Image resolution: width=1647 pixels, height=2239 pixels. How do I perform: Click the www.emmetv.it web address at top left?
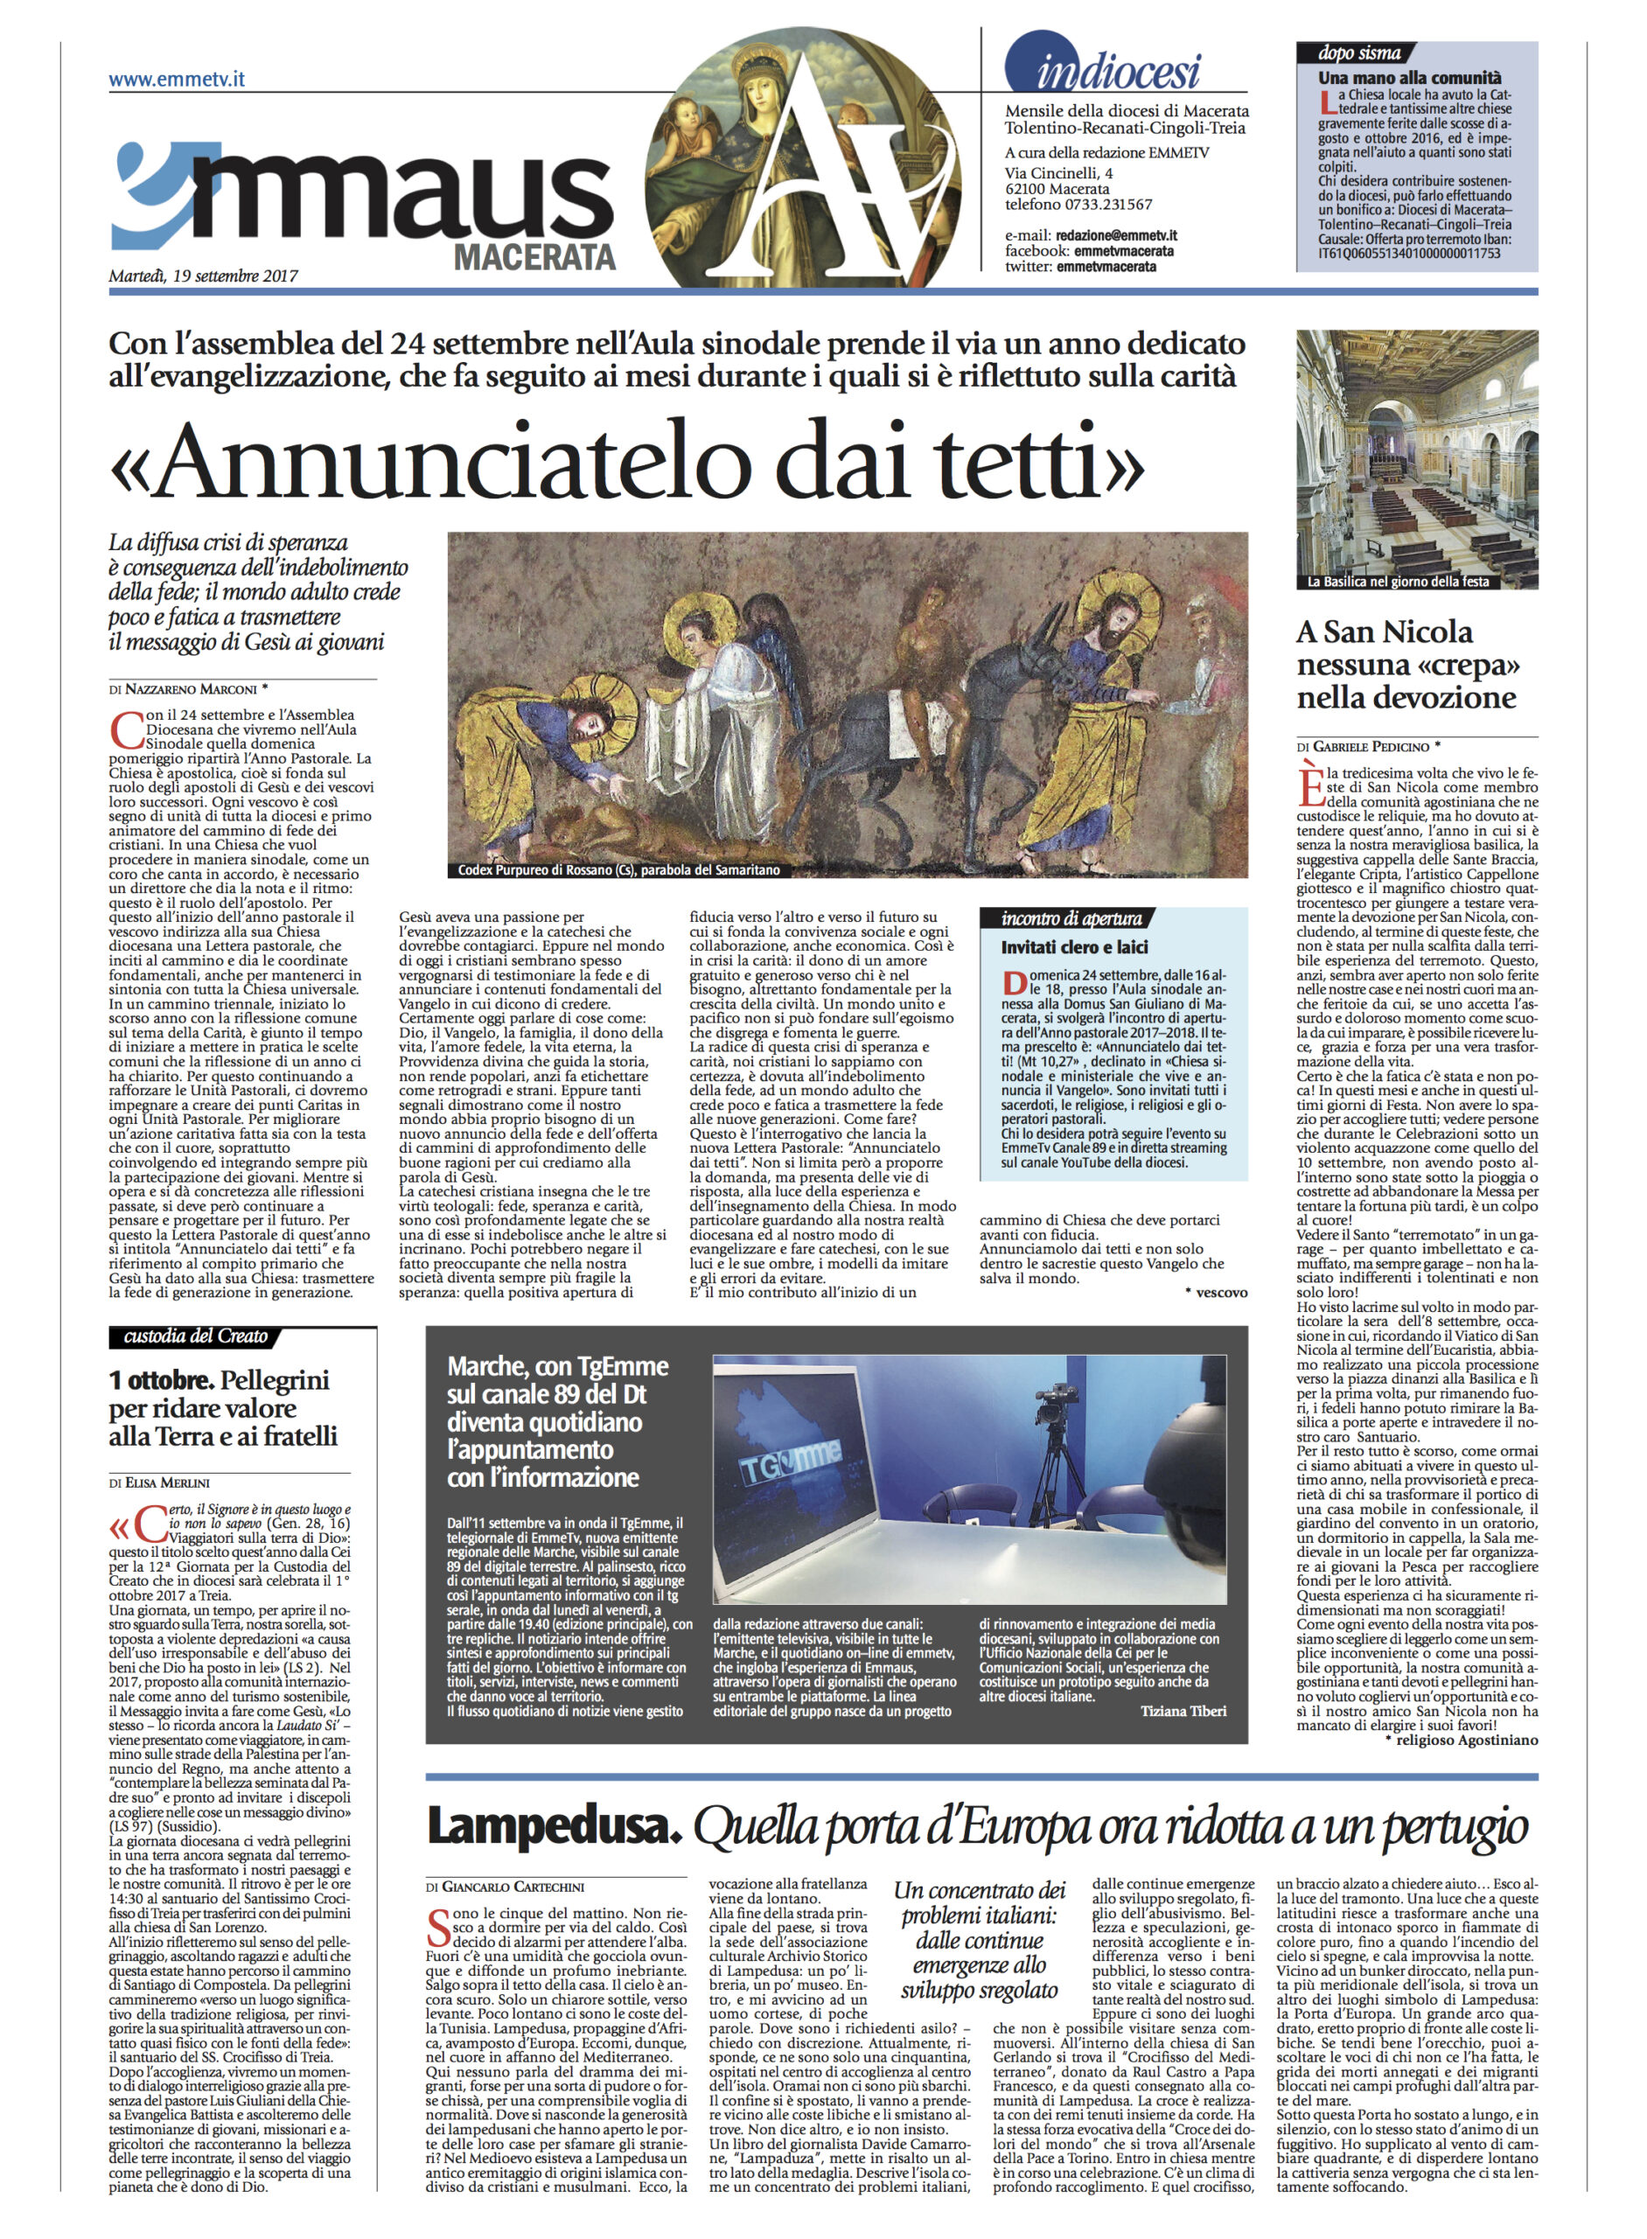pyautogui.click(x=177, y=79)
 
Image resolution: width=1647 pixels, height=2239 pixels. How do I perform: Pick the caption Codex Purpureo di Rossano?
pyautogui.click(x=618, y=869)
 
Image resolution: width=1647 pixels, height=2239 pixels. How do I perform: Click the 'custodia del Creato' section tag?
pyautogui.click(x=195, y=1336)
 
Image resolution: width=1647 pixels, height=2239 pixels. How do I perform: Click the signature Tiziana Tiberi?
pyautogui.click(x=1183, y=1710)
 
